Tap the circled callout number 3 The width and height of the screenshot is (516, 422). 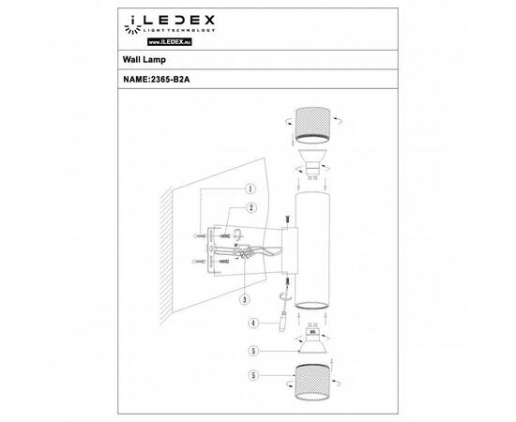coord(243,300)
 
